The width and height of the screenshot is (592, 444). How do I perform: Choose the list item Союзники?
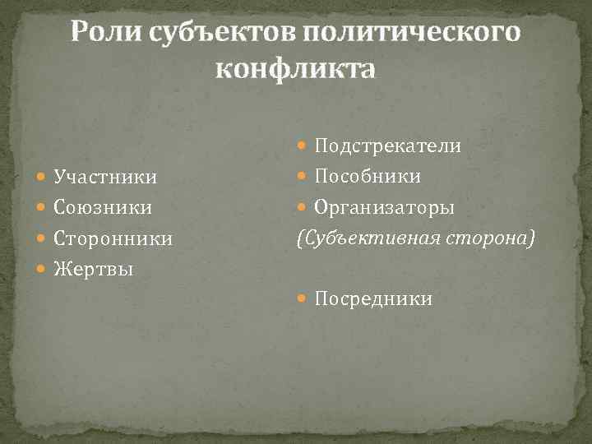[x=102, y=207]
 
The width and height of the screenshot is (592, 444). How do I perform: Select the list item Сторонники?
[x=113, y=238]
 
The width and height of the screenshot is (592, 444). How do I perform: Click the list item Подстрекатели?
[x=387, y=146]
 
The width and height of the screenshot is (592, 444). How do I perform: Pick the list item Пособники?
[x=368, y=176]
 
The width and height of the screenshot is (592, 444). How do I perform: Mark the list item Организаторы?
[x=384, y=207]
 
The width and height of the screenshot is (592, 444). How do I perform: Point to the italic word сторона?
[x=490, y=238]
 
